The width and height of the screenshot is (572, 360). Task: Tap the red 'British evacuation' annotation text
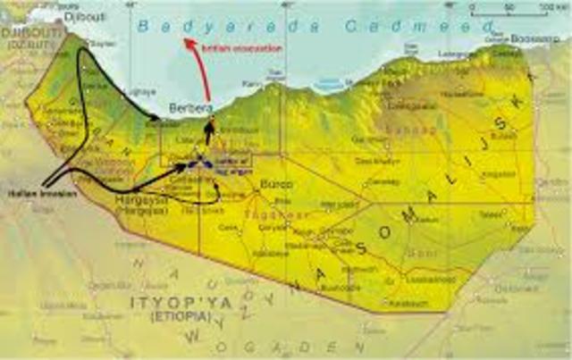point(242,47)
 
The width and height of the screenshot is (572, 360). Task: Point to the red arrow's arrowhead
point(187,40)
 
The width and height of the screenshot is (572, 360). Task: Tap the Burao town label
point(269,185)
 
